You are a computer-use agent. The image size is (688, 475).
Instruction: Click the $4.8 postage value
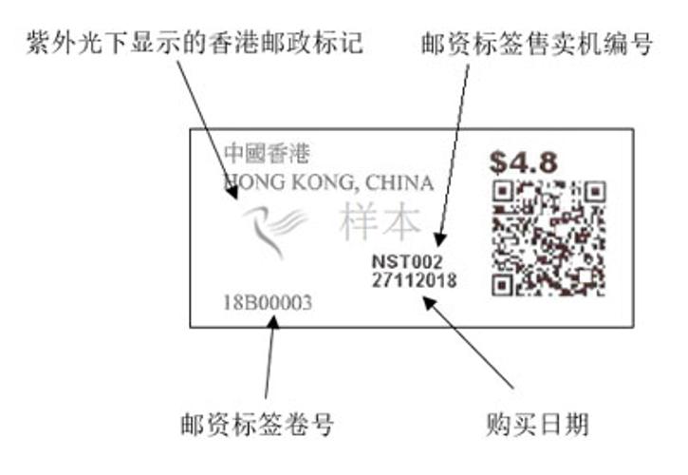[523, 158]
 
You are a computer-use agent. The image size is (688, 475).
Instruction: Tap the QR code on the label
[549, 237]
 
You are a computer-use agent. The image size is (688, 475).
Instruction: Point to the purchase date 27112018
[414, 280]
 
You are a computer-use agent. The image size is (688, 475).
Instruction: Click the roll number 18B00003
[268, 303]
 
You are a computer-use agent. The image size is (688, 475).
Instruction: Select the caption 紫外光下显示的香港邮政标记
[194, 44]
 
